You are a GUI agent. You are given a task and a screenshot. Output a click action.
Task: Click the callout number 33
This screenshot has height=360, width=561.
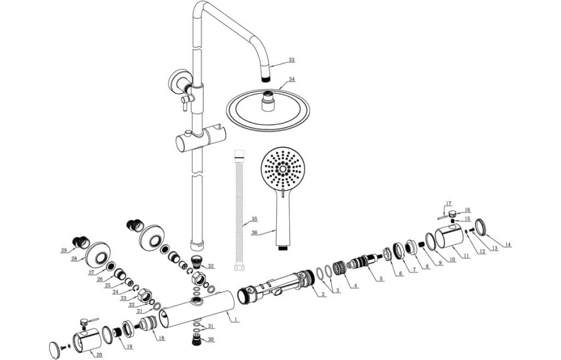(x=291, y=60)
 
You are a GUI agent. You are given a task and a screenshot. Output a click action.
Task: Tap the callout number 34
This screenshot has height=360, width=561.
(x=292, y=79)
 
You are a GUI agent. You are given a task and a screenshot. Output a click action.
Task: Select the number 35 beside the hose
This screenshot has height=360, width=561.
(x=254, y=219)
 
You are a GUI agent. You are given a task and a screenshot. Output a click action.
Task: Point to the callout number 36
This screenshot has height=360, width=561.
(x=254, y=232)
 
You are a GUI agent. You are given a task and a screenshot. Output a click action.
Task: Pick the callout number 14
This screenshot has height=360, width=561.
(x=508, y=244)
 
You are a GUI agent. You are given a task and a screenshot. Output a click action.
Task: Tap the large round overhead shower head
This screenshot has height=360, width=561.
(x=268, y=110)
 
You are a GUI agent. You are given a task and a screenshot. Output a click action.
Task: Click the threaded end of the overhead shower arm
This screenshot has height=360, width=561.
(x=267, y=78)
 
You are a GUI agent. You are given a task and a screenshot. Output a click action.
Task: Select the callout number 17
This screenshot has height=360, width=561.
(x=448, y=203)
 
